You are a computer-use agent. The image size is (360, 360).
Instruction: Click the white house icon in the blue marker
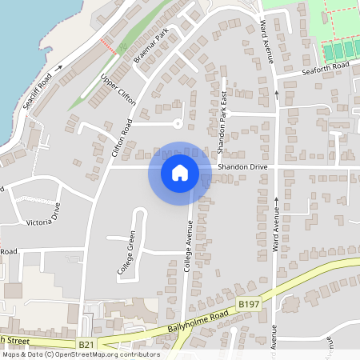coord(179,172)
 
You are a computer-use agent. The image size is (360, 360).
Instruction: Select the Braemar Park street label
coord(150,49)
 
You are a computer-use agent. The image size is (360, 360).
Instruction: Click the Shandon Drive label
coord(242,166)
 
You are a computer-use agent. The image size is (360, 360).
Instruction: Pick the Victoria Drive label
coord(44,214)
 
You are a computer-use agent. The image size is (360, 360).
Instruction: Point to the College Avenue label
coord(189,249)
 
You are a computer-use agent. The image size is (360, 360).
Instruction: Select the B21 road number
coord(86,345)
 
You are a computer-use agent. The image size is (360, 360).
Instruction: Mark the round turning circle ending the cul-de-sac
coord(178,123)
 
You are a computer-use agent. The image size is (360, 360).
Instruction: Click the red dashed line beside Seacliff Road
coord(106,44)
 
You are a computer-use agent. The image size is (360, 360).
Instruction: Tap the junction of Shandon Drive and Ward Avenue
coord(276,166)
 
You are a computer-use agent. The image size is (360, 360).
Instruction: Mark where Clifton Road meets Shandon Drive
coord(106,166)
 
